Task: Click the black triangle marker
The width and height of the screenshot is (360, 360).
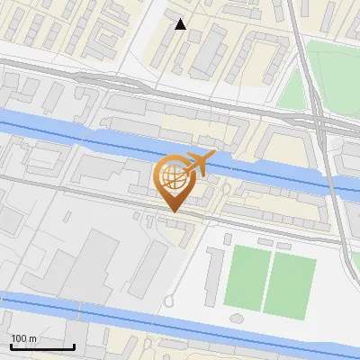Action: click(181, 24)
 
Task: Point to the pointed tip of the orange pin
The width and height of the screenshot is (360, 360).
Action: click(174, 211)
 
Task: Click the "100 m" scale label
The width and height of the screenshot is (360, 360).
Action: click(24, 338)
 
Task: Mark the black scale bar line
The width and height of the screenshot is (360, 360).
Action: click(42, 346)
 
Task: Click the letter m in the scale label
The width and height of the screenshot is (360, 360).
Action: click(33, 338)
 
